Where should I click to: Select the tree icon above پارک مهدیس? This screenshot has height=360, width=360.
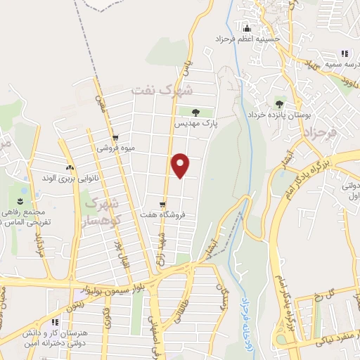[196, 112]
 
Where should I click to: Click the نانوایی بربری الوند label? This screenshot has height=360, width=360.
[67, 179]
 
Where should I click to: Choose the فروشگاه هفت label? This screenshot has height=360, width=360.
[162, 214]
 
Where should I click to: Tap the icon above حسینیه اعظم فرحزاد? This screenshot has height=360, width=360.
[247, 29]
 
